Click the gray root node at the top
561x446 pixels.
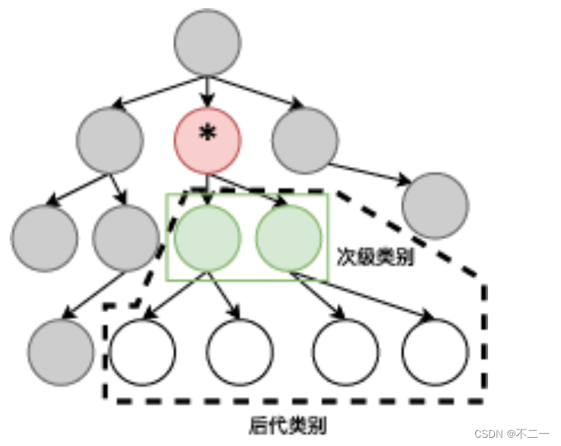pos(208,43)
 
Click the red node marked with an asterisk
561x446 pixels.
pos(208,140)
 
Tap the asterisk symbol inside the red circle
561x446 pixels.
pos(207,135)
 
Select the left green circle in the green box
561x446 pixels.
pos(207,238)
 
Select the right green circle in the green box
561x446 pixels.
pos(289,238)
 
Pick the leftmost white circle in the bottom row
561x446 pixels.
pos(142,352)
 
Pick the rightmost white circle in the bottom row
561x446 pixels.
pos(435,352)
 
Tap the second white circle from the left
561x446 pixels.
pos(240,352)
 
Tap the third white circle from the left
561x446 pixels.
pos(346,352)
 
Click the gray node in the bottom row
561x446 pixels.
pos(61,352)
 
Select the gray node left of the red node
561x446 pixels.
pos(110,141)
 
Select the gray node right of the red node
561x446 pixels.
pos(305,141)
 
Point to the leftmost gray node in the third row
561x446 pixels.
pos(44,238)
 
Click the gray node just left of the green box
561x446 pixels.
pos(126,238)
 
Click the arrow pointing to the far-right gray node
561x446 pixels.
pos(372,173)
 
